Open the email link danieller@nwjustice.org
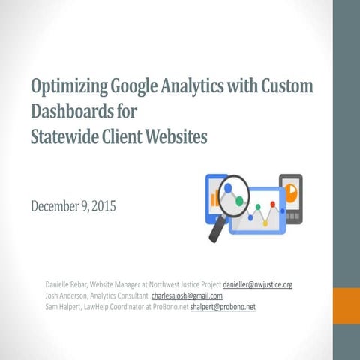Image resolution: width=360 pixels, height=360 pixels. [257, 285]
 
